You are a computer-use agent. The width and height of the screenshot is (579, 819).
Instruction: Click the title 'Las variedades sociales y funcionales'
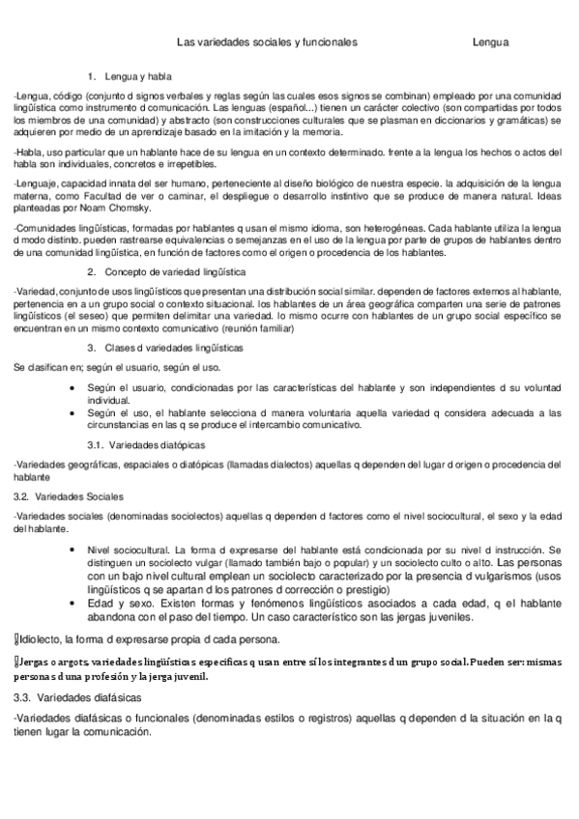click(x=267, y=42)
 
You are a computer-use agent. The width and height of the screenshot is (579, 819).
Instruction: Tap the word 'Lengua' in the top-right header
click(x=491, y=42)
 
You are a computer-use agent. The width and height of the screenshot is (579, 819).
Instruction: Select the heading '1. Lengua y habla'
click(x=135, y=75)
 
